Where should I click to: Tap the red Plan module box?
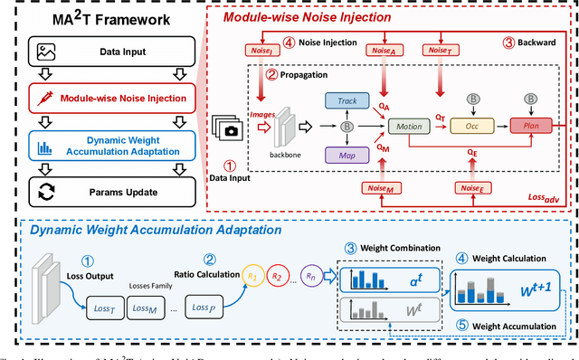[x=529, y=128]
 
